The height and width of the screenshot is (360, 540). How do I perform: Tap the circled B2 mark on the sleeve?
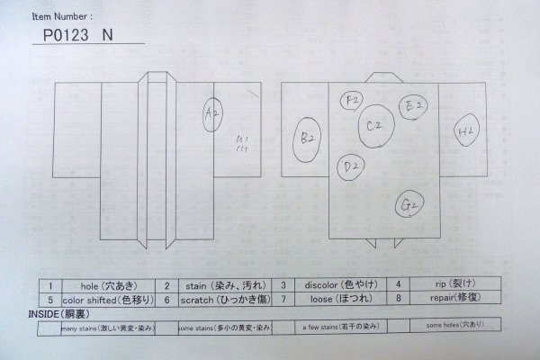[x=308, y=139]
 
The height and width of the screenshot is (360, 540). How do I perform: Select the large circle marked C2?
[x=374, y=127]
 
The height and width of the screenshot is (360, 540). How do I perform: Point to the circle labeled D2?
[x=352, y=167]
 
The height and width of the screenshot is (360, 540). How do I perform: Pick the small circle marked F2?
[x=352, y=99]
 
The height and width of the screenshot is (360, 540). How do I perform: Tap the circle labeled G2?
[x=409, y=205]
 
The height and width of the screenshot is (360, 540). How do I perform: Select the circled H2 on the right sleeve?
[x=466, y=132]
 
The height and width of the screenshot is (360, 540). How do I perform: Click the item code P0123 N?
[x=79, y=36]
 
